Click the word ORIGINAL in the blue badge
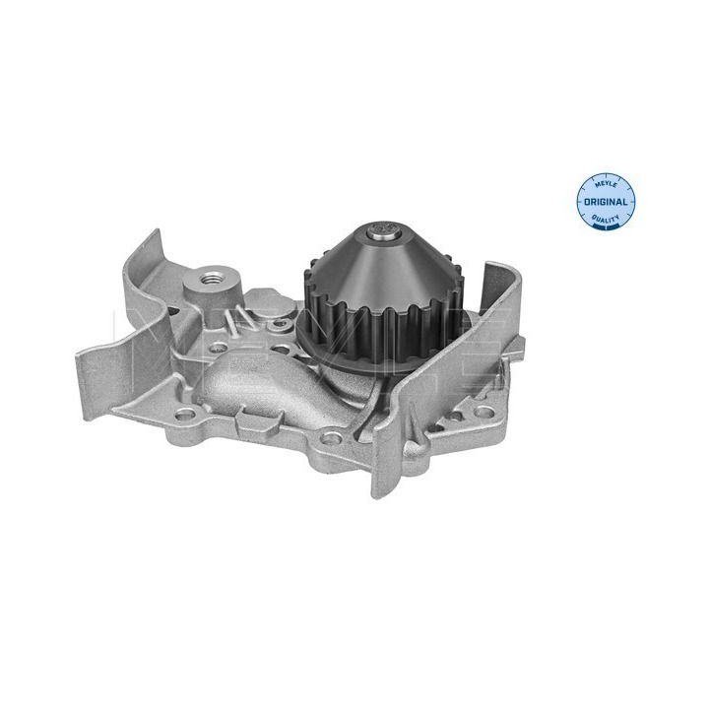606,202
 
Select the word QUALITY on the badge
606,220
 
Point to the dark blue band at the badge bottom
606,227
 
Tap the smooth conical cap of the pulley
383,271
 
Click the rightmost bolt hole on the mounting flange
483,411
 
